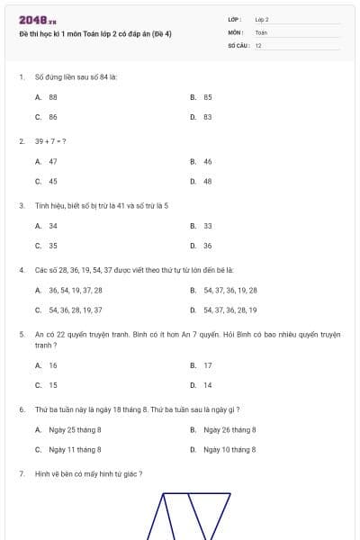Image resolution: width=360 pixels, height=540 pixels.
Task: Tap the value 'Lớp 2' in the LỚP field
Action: pos(262,19)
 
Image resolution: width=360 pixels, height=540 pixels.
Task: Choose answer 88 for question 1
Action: pos(53,96)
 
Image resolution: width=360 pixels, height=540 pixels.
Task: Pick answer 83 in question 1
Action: pos(208,117)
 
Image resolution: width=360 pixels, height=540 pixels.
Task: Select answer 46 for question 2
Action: pos(208,161)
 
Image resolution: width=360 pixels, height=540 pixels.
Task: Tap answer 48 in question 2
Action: pos(208,181)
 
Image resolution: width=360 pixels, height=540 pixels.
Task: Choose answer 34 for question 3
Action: pos(53,226)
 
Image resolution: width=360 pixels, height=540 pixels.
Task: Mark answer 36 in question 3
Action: pos(208,246)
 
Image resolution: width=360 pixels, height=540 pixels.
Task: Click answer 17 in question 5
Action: pos(208,365)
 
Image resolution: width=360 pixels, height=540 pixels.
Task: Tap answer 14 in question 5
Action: pos(208,385)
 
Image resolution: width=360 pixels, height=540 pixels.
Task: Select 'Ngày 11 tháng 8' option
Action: pos(75,449)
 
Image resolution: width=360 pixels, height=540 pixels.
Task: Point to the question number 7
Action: pos(21,473)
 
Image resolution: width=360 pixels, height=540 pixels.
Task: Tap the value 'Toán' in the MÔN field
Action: pos(261,32)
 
